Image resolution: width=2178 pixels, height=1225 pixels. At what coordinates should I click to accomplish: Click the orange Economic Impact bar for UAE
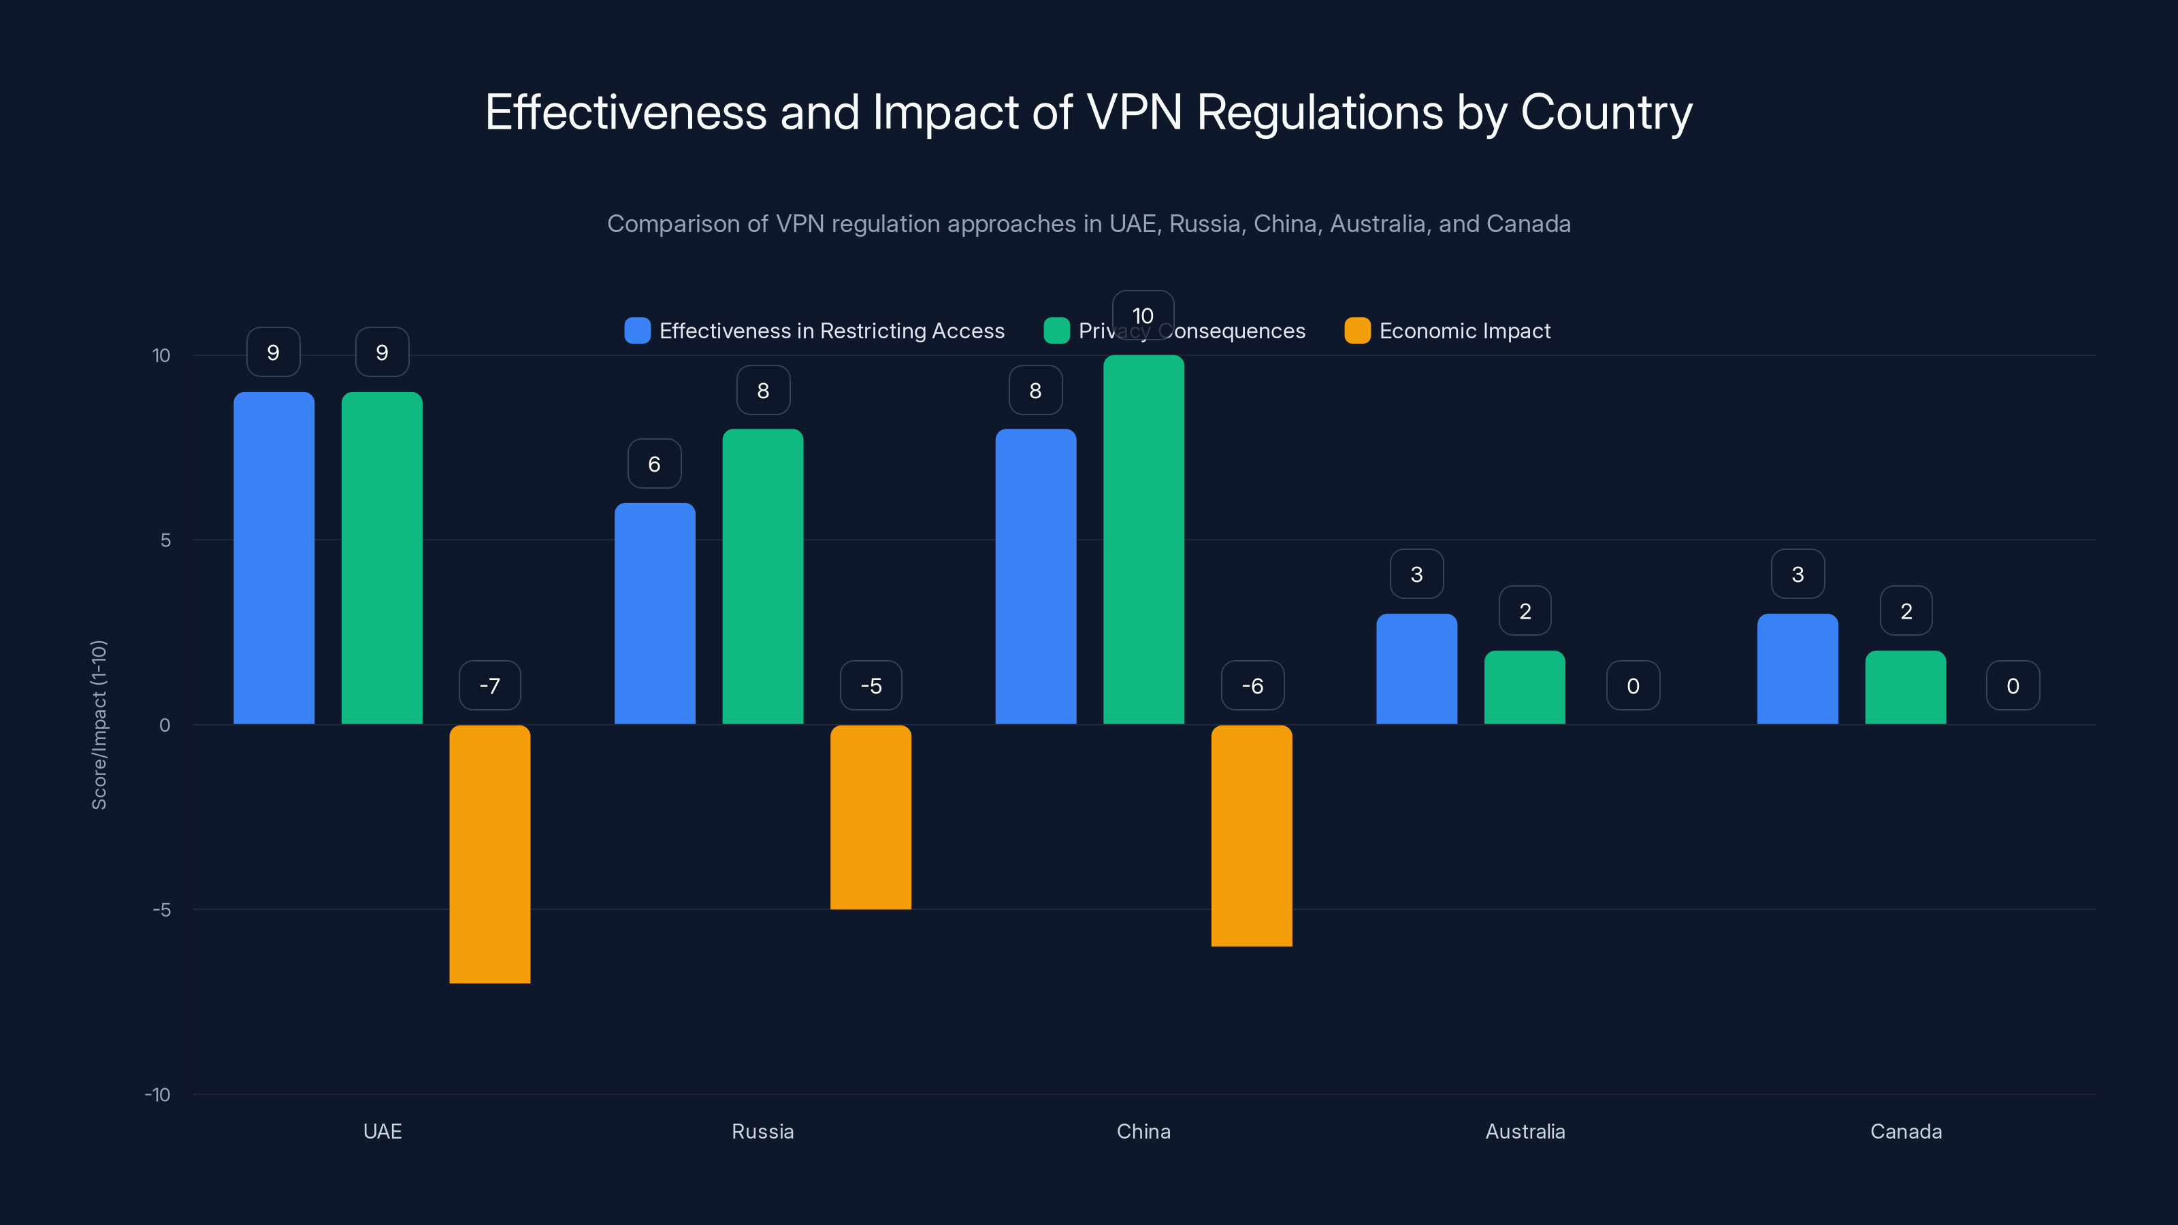point(489,854)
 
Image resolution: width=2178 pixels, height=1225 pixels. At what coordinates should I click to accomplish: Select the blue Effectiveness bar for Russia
point(654,614)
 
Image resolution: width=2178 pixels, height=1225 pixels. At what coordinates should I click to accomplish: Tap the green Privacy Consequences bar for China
point(1143,541)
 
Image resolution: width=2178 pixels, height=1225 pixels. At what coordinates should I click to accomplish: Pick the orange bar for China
point(1252,835)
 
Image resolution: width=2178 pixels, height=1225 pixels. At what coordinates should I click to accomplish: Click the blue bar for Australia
point(1416,669)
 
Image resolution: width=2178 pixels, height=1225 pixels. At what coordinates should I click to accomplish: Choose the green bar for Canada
point(1905,687)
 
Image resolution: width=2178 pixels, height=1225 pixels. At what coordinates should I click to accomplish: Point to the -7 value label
point(489,685)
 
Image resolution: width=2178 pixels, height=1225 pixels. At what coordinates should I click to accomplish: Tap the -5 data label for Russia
point(871,685)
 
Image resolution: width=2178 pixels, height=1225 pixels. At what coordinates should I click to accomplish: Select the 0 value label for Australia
point(1633,685)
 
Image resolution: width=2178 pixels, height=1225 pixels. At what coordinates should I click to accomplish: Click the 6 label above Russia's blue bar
point(654,463)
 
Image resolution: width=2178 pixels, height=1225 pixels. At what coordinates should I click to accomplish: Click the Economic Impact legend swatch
point(1357,331)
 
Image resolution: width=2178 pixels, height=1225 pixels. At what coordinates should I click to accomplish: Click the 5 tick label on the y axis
point(165,540)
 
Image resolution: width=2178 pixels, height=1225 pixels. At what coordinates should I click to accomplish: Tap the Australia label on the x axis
point(1525,1131)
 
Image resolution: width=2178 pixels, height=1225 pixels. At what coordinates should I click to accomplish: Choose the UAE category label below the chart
point(382,1131)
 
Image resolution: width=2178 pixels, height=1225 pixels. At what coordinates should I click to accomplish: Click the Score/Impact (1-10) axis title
point(99,725)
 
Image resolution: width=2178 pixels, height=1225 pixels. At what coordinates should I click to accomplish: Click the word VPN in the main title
point(1134,112)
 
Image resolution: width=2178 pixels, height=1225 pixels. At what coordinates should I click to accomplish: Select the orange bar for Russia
point(871,817)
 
